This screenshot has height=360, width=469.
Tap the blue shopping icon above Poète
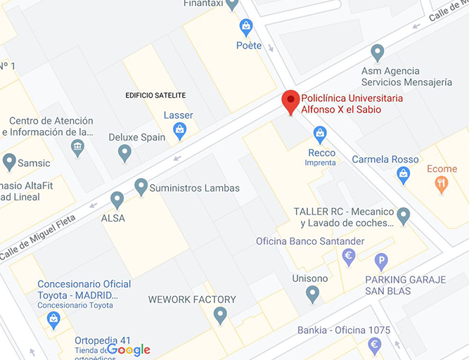click(x=245, y=27)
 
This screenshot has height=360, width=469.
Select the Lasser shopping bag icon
click(x=179, y=131)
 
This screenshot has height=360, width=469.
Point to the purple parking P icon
click(x=381, y=261)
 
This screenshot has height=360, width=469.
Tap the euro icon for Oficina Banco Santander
click(x=349, y=257)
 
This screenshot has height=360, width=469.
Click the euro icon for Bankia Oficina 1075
click(x=375, y=345)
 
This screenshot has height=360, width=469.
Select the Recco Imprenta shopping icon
click(x=320, y=134)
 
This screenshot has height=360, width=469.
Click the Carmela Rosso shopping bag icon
click(x=403, y=175)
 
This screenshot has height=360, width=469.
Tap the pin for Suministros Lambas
click(x=141, y=186)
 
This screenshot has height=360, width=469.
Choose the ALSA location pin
click(x=117, y=200)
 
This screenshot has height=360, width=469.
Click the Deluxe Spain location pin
click(x=124, y=152)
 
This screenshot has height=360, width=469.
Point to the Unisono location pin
click(x=313, y=294)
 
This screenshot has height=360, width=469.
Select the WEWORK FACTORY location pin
click(x=220, y=315)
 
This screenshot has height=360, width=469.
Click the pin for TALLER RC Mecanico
click(x=403, y=215)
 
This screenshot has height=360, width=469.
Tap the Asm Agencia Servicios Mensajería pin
click(x=378, y=52)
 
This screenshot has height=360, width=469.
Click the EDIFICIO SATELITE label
click(x=155, y=95)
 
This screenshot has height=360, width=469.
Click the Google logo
click(x=129, y=349)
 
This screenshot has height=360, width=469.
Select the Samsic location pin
click(x=9, y=162)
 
